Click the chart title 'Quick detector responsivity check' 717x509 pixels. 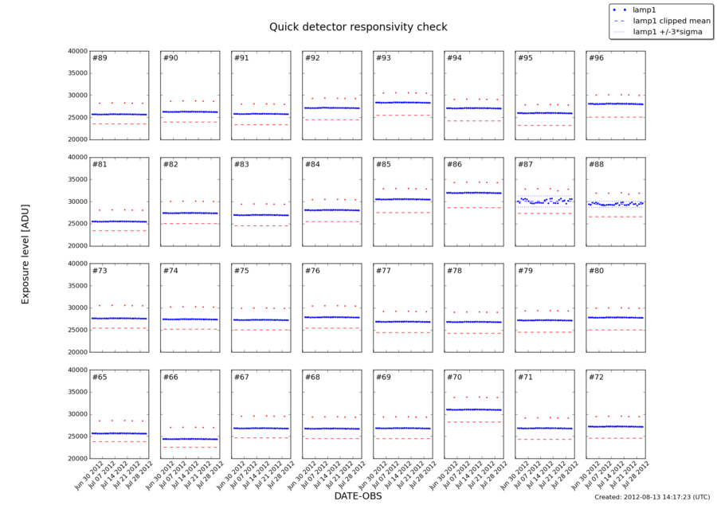pos(358,27)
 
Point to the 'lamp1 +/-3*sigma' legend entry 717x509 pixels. pos(668,32)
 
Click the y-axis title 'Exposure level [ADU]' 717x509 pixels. pos(25,254)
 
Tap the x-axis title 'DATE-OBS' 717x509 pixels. pos(358,496)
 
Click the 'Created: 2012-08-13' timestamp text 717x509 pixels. pos(652,497)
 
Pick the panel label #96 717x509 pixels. pos(595,58)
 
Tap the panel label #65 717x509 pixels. pos(100,377)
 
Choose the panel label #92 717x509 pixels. pos(312,58)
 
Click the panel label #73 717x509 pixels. pos(100,271)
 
